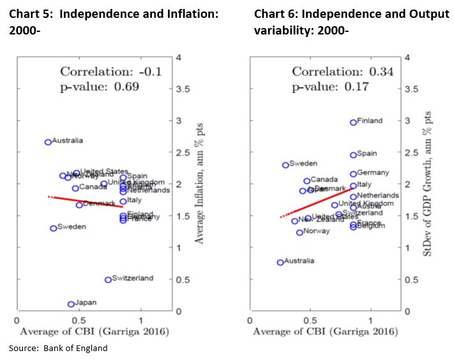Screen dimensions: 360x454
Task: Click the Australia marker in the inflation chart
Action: coord(48,142)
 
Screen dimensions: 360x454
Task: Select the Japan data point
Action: coord(71,304)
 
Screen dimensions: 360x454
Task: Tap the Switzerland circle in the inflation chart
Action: coord(108,280)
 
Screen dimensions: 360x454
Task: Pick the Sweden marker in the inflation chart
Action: coord(54,228)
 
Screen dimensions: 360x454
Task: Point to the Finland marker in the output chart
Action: coord(353,122)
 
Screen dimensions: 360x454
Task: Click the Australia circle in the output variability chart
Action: coord(280,262)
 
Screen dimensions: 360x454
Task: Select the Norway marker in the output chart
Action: coord(299,232)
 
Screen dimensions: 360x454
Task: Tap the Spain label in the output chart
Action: coord(367,154)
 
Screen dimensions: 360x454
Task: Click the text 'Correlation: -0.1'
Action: coord(110,72)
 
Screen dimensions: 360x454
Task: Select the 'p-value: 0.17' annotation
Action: coord(326,87)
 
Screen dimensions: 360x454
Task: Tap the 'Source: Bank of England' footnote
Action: coord(58,348)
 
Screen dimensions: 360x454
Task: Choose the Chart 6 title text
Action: coord(352,22)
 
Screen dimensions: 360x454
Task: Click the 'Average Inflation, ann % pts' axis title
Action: coord(199,184)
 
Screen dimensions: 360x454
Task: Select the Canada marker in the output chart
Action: coord(306,181)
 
